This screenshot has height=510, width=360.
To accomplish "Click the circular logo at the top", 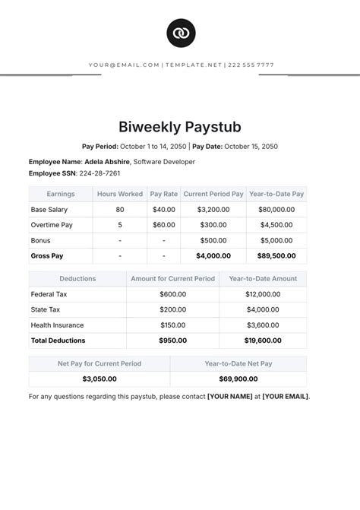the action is coord(180,33).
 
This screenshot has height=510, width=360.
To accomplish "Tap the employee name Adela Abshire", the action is coord(106,162).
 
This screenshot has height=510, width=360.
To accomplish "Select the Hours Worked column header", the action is coord(120,194).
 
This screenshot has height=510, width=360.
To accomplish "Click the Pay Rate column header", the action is coord(163,194).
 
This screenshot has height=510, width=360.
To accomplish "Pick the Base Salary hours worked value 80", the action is coord(120,209).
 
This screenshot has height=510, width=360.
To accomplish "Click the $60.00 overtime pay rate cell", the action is coord(163,225).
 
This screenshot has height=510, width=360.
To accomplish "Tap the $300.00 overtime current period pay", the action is coord(213,225).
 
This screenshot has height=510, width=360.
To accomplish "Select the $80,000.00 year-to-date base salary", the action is coord(276,209).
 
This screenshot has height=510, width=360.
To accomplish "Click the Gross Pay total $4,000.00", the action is coord(213,256).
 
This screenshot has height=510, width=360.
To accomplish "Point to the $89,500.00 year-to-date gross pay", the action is coord(276,256).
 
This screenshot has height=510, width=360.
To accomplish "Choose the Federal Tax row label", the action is coord(49,294).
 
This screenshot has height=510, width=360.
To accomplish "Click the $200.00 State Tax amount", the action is coord(172,309).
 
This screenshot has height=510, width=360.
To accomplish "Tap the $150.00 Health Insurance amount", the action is coord(172,325).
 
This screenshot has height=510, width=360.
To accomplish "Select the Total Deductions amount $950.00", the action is coord(172,341).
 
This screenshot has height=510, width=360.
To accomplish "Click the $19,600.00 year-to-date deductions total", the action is coord(263,341).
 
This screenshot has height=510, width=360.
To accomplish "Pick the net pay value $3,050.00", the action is coord(99,379).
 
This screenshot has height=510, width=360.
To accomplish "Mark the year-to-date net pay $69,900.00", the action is coord(238,379).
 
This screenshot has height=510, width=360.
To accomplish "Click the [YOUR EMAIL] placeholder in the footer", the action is coord(286,396).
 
